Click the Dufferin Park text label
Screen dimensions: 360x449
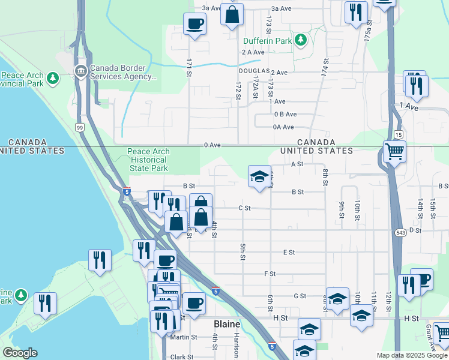[x=267, y=41]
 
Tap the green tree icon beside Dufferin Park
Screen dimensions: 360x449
[x=300, y=41]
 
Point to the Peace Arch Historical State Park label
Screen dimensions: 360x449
[x=149, y=160]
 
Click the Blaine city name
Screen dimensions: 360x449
[x=228, y=324]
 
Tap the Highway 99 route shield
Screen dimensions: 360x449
[x=79, y=127]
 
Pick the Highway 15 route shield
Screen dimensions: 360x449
[x=398, y=136]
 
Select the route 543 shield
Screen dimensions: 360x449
[x=400, y=232]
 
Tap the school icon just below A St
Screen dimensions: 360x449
[x=259, y=176]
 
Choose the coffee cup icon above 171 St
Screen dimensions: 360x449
[x=194, y=24]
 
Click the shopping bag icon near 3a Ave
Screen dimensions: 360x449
[x=232, y=14]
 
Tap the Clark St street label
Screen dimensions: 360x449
[x=181, y=356]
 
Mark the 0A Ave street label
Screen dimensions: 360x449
[x=283, y=127]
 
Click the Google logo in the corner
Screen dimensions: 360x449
[x=19, y=353]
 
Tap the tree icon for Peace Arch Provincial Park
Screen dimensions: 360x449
[x=53, y=77]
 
